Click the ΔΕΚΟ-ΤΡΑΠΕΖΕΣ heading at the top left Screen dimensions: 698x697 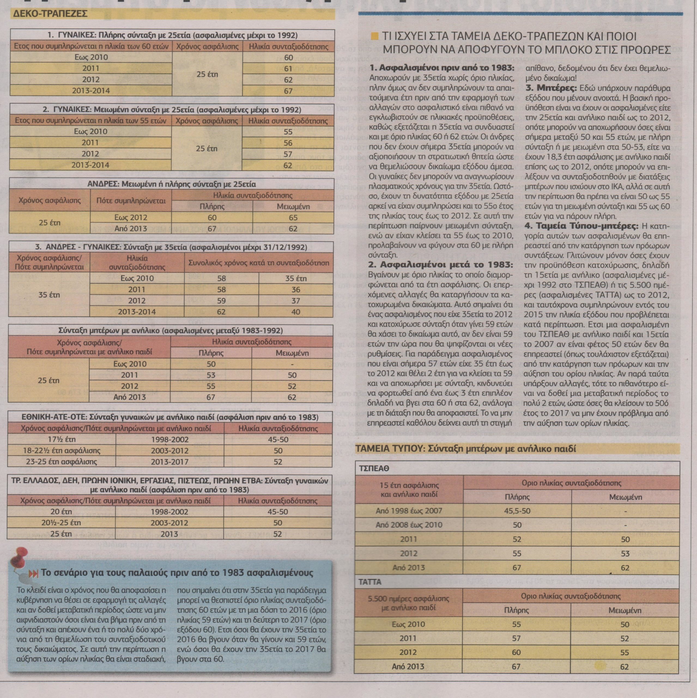(x=51, y=14)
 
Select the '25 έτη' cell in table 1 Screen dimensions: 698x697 (x=207, y=74)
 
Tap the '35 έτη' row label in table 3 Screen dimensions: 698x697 (x=49, y=295)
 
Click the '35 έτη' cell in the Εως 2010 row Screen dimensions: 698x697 (x=296, y=278)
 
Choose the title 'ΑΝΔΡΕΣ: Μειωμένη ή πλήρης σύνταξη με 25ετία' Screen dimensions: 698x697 (x=172, y=184)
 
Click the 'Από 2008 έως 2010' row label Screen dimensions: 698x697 (x=409, y=525)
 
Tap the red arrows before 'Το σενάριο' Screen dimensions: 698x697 (x=33, y=574)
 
